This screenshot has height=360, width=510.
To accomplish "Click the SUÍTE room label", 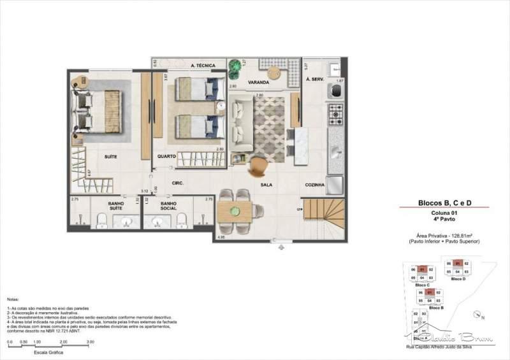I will pos(115,155).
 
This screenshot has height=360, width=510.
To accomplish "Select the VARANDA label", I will pos(259,83).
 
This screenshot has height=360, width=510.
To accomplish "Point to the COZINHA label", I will pos(315,185).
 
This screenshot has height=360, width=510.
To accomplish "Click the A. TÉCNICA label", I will pos(203,66).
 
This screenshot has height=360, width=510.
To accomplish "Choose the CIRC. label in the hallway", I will pos(178,183).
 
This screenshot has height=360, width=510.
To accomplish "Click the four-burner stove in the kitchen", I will pos(336,115).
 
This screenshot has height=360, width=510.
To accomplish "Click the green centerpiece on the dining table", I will pos(234,211).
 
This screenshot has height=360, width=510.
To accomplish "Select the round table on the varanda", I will pos(274,72).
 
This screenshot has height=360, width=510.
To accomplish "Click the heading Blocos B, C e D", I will pos(444,203).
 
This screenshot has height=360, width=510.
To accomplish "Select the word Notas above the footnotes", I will pos(13,298).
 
